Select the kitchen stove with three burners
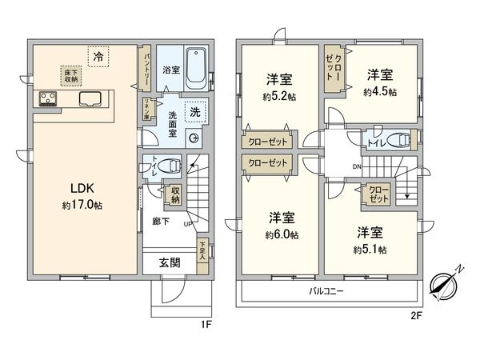[46, 100]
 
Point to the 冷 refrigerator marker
[97, 57]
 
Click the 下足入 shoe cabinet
[203, 250]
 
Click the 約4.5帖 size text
[378, 91]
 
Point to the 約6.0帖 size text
[282, 234]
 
